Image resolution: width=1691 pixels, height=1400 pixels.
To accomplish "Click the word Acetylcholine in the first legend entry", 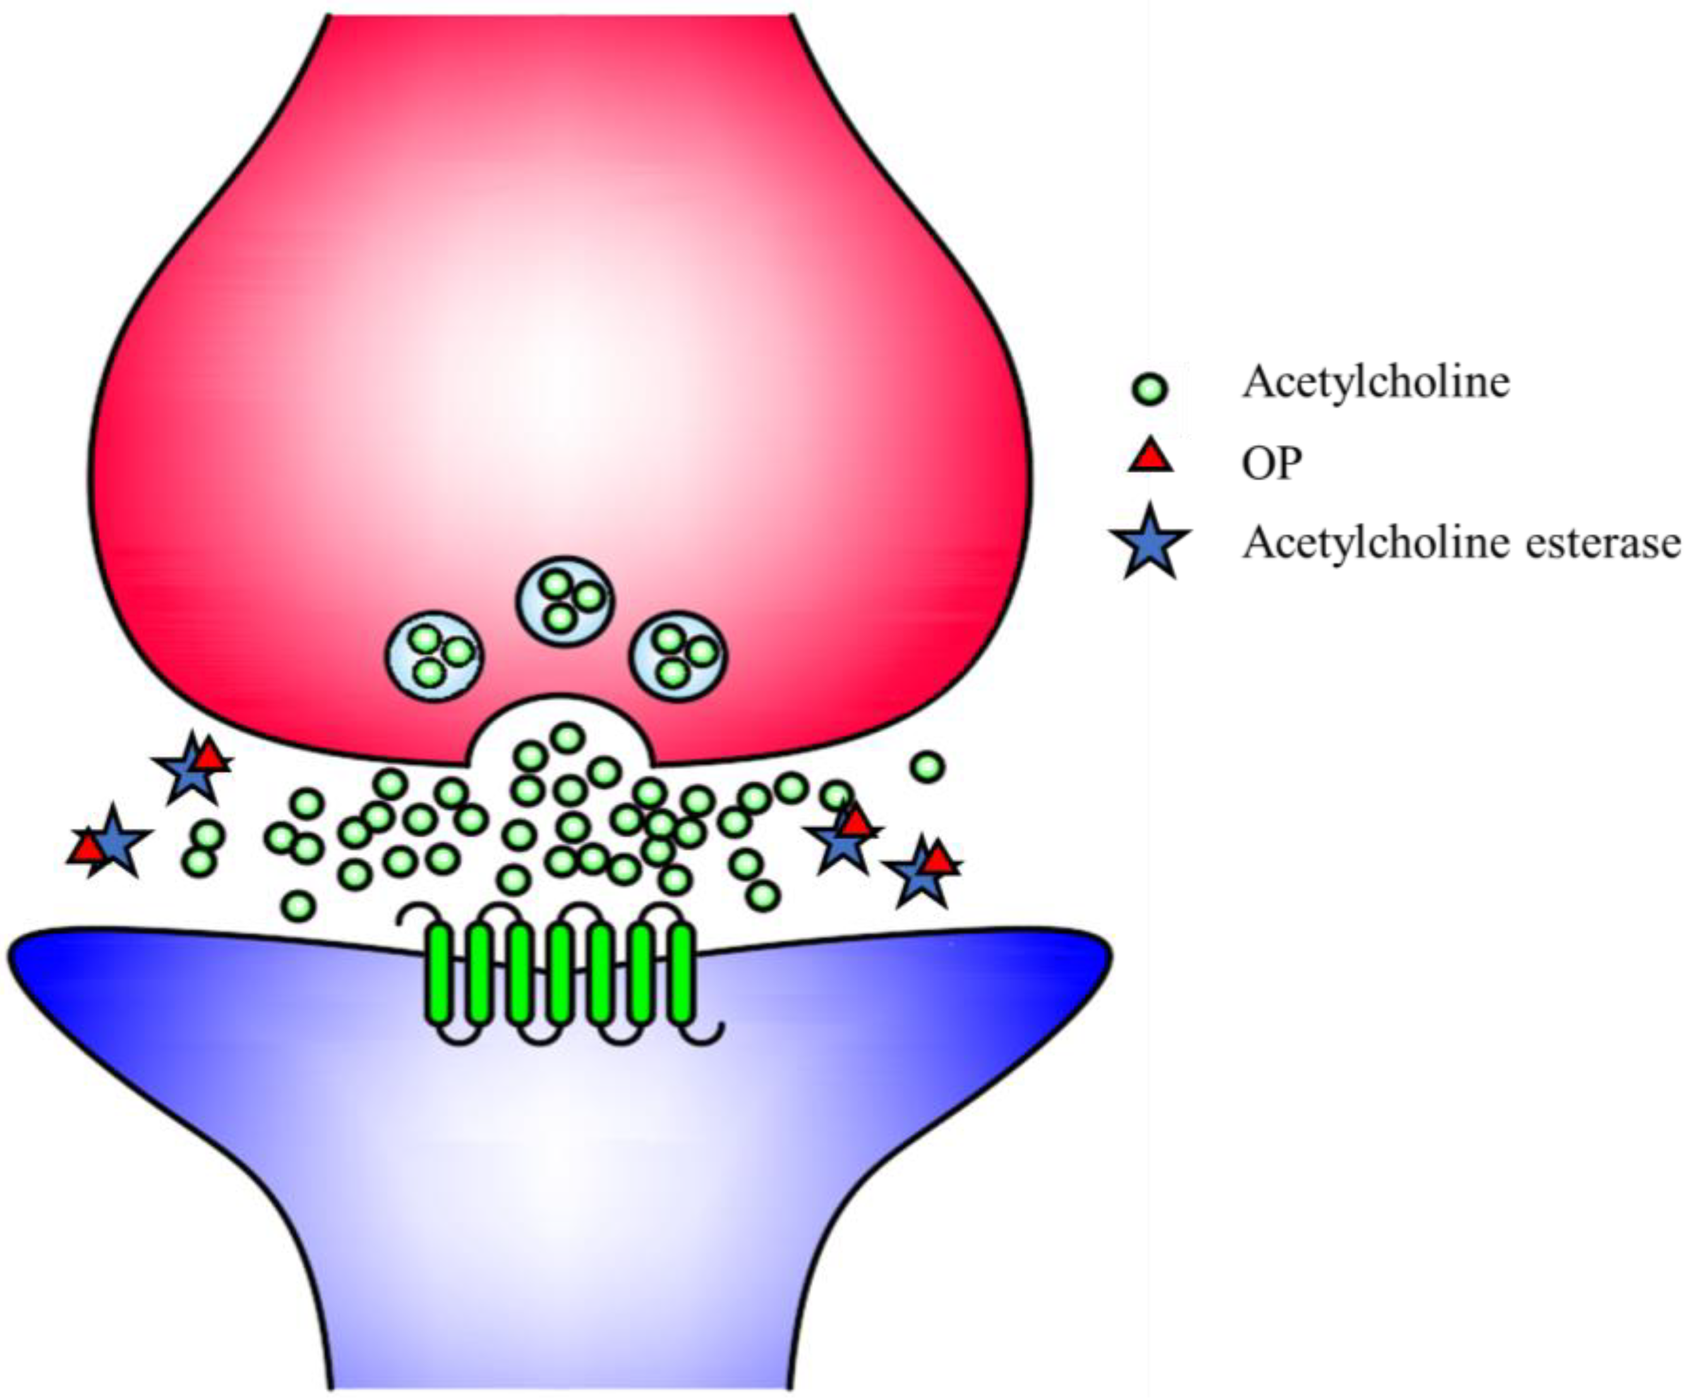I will point(1375,382).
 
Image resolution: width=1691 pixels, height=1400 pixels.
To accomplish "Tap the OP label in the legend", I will point(1272,463).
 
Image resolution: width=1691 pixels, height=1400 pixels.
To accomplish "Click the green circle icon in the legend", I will point(1150,390).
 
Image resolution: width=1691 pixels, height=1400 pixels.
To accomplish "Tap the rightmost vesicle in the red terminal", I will point(678,657).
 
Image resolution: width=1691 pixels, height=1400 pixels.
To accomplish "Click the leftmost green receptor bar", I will point(440,975).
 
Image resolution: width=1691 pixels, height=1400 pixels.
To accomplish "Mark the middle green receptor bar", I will point(560,975).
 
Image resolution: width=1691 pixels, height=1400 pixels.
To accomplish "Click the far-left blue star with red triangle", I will point(112,843).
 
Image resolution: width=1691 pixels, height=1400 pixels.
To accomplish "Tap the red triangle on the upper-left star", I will point(211,757).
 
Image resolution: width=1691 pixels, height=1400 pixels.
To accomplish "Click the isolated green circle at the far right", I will point(928,766).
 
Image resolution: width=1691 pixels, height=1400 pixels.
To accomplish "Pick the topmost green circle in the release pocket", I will point(568,737).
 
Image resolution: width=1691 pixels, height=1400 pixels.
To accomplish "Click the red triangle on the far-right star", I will point(938,860).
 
